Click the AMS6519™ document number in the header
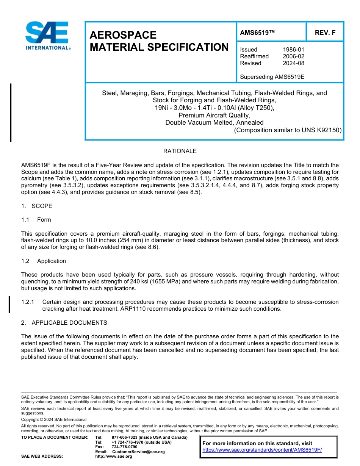[x=257, y=33]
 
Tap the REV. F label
[x=325, y=33]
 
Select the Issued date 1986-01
[x=293, y=50]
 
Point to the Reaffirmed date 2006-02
[x=293, y=56]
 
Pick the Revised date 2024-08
[x=293, y=63]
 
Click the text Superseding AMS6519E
[x=272, y=77]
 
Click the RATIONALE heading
[x=180, y=151]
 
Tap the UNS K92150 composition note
[x=288, y=130]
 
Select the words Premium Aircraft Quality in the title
[x=214, y=115]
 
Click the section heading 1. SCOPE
[x=37, y=206]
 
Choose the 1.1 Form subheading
[x=36, y=220]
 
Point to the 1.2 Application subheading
[x=44, y=261]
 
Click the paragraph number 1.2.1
[x=28, y=302]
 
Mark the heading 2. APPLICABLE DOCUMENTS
[x=64, y=323]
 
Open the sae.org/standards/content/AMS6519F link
[x=262, y=450]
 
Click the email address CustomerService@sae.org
[x=138, y=452]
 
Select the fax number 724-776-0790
[x=124, y=447]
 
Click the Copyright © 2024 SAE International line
[x=54, y=419]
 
